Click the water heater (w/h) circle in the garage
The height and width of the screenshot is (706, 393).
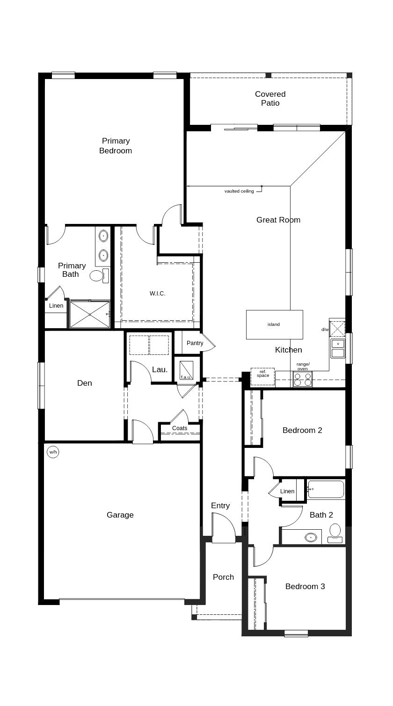[53, 452]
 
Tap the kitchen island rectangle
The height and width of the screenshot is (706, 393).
[274, 324]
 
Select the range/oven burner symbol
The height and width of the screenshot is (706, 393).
[303, 379]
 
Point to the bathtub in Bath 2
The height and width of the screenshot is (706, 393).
[326, 490]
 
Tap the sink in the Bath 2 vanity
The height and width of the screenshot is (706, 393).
[311, 538]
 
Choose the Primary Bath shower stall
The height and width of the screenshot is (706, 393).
[89, 315]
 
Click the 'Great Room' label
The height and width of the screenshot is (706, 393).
[278, 220]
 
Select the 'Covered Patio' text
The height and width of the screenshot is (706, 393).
[270, 99]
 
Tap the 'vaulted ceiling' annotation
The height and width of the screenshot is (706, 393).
[239, 191]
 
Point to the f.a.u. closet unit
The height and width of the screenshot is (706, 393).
[187, 371]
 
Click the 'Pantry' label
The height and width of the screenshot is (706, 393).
[195, 343]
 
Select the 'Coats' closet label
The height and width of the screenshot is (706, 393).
[180, 428]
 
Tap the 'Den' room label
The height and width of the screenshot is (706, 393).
[84, 383]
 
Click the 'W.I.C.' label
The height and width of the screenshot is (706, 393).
[157, 294]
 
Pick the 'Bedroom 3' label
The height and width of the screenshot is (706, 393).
[305, 586]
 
